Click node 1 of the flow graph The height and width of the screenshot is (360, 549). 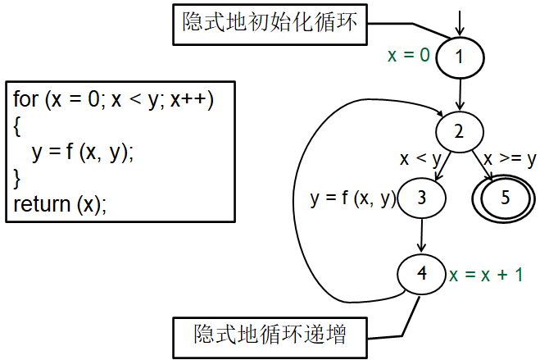tap(460, 57)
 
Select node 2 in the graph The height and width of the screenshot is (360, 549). tap(460, 131)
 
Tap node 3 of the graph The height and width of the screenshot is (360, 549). tap(422, 198)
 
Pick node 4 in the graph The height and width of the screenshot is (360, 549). tap(422, 274)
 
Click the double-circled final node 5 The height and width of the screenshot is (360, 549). tap(505, 198)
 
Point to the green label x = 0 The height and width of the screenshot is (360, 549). tap(408, 56)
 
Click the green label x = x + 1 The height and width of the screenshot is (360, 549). tap(486, 275)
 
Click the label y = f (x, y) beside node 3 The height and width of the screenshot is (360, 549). tap(353, 198)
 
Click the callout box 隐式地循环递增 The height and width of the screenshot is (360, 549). tap(270, 336)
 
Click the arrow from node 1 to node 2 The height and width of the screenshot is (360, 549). tap(461, 94)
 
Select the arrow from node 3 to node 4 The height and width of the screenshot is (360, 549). tap(422, 236)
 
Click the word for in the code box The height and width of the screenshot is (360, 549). tap(26, 100)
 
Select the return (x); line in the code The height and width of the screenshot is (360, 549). tap(60, 205)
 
